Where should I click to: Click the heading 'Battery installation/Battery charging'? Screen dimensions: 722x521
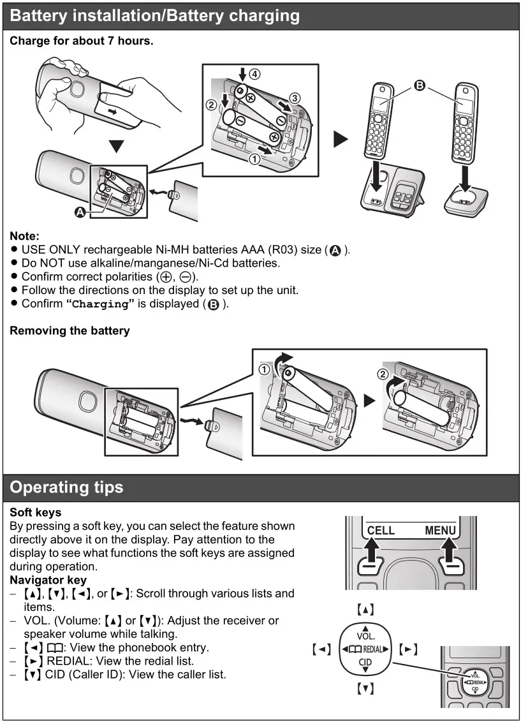[155, 15]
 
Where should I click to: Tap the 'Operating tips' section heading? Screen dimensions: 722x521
[67, 487]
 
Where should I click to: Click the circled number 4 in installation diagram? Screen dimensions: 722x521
[254, 74]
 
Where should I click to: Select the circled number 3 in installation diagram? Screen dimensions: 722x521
[294, 98]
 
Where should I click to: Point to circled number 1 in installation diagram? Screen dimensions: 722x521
[254, 159]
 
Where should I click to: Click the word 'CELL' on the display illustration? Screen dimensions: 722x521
[381, 531]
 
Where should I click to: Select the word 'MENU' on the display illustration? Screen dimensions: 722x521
[440, 531]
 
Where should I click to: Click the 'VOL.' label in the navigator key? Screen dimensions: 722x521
[365, 637]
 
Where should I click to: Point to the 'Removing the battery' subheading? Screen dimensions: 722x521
[70, 330]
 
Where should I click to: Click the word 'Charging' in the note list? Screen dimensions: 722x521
[100, 304]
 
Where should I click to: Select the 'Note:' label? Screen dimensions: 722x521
[24, 236]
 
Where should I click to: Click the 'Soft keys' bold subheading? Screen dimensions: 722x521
[36, 512]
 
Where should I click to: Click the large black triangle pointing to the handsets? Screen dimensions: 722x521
[341, 140]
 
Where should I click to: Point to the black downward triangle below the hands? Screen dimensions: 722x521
[115, 147]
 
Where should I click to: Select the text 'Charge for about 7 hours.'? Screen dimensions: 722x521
[81, 41]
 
